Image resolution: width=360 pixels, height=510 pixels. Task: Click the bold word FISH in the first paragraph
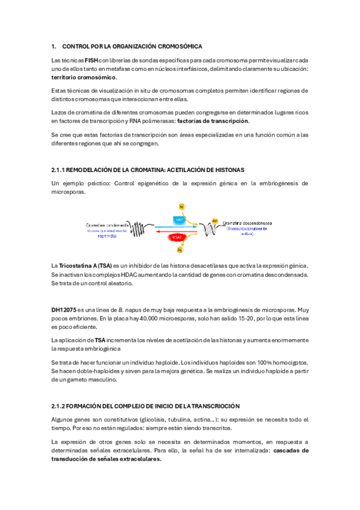click(x=92, y=60)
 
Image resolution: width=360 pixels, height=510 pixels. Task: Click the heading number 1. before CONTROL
click(x=54, y=46)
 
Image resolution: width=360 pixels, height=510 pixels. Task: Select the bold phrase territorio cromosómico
click(x=84, y=77)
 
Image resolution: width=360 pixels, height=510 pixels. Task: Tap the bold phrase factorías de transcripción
click(x=213, y=121)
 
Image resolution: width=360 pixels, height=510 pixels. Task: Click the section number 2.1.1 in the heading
click(x=59, y=170)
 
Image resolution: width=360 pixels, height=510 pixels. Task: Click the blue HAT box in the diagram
click(x=180, y=221)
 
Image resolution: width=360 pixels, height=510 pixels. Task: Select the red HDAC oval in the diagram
click(x=178, y=238)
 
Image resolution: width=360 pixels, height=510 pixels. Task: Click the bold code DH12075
click(x=64, y=309)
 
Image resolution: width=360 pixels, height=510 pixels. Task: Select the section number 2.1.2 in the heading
click(x=59, y=407)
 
